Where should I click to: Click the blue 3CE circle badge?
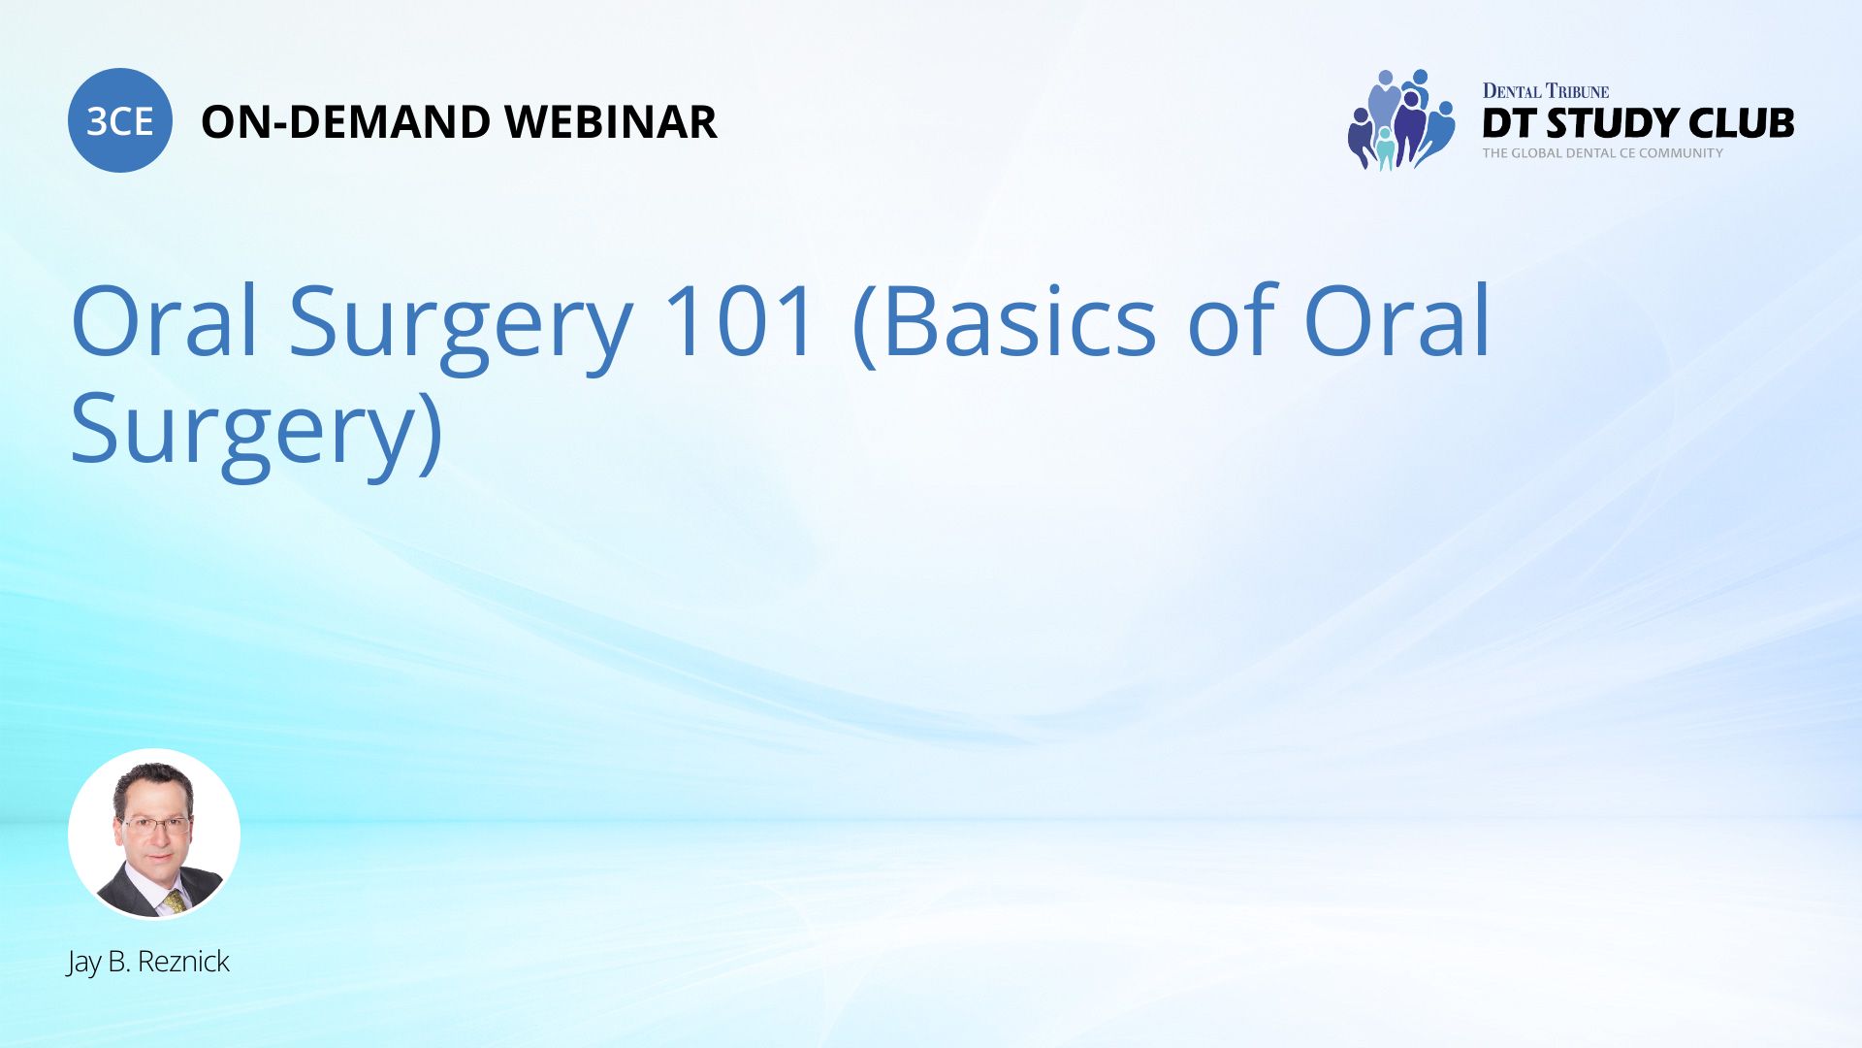pos(119,120)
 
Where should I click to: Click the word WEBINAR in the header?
pos(610,122)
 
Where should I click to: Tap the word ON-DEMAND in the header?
pos(345,122)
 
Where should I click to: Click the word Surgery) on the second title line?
pos(257,430)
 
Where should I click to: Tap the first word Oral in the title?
pos(164,321)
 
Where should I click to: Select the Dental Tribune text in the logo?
pos(1545,91)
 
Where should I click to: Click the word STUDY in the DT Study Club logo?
pos(1611,123)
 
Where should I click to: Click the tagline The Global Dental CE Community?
pos(1602,153)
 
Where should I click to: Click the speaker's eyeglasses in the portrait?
pos(154,826)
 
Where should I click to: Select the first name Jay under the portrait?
pos(83,962)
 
